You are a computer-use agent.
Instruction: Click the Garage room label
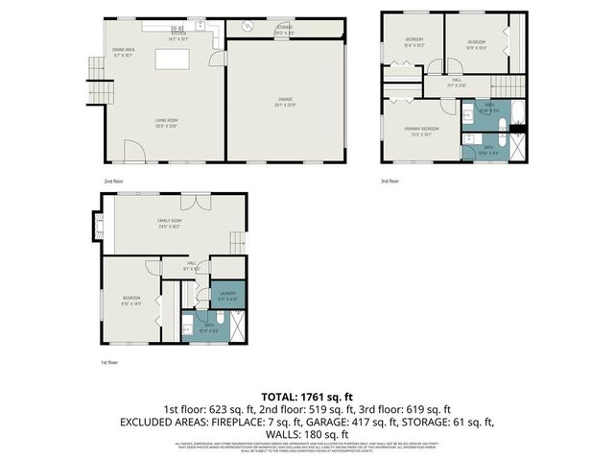286,100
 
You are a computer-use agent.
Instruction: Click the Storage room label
285,30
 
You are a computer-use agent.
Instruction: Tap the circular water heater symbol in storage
247,29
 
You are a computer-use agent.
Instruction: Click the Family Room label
170,224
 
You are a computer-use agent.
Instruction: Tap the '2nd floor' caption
114,181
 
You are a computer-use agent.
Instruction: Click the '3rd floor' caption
390,181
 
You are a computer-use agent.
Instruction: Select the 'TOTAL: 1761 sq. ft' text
307,395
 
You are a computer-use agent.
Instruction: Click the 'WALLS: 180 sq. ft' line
307,434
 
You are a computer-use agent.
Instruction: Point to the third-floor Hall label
457,83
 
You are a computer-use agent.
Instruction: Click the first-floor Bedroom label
131,300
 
